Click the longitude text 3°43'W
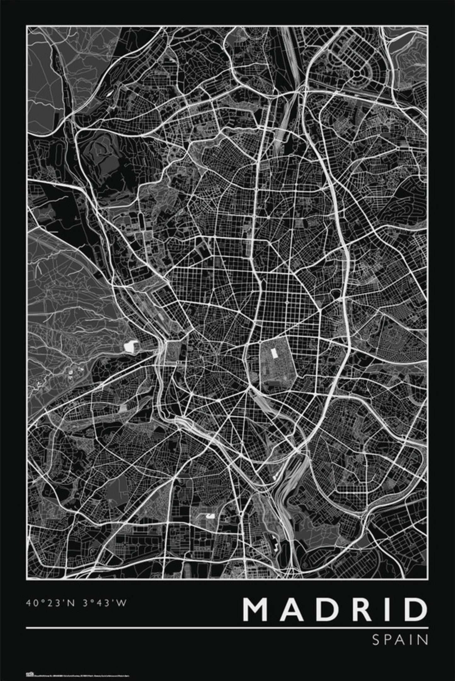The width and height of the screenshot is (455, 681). (x=105, y=603)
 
